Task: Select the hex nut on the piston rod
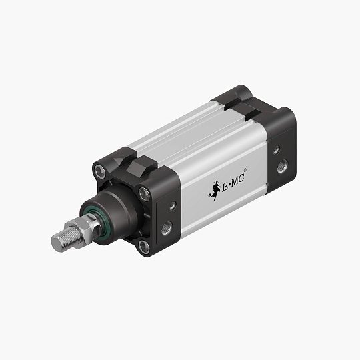point(86,231)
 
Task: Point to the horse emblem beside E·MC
point(215,191)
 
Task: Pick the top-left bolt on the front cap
point(101,171)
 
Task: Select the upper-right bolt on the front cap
point(144,194)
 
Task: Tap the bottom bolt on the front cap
point(143,247)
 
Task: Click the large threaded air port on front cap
point(166,227)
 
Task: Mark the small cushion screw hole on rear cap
point(275,149)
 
